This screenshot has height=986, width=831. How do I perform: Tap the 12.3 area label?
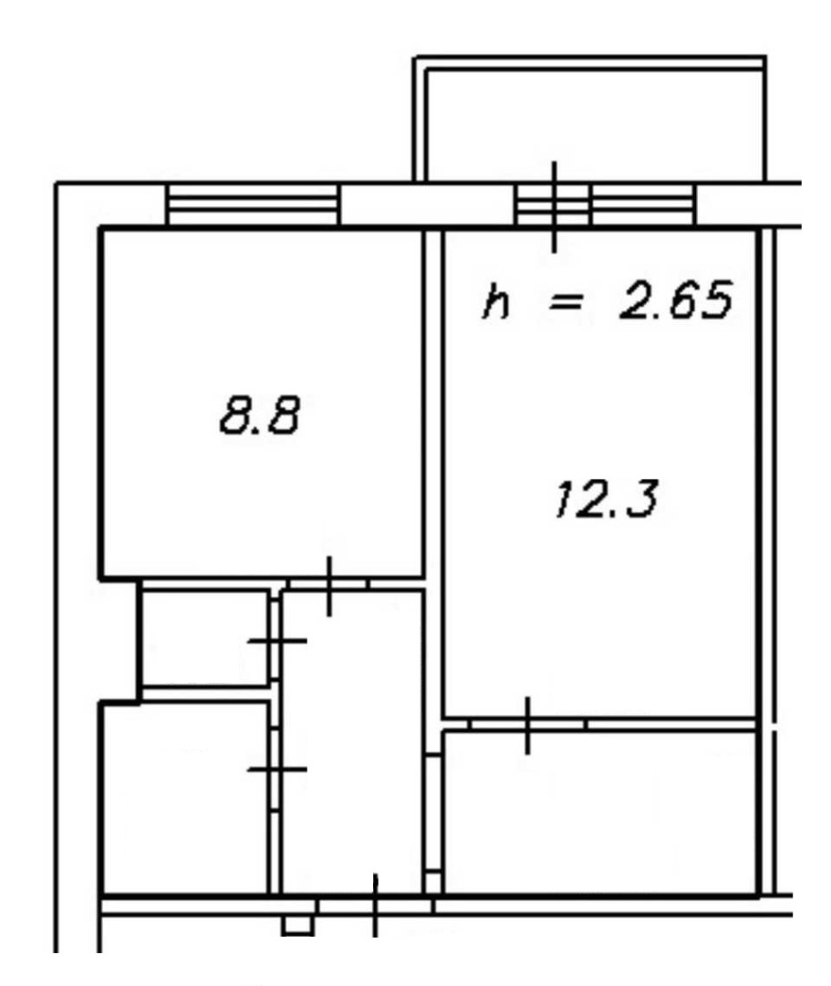point(607,499)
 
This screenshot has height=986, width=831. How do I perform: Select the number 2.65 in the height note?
point(675,300)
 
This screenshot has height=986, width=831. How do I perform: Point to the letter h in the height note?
point(495,302)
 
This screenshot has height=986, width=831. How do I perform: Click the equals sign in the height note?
point(566,304)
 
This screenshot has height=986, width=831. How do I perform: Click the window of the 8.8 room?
point(254,205)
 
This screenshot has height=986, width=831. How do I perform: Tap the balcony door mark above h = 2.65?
point(554,207)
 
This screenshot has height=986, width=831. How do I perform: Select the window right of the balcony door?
point(642,205)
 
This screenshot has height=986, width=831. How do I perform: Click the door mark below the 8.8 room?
point(329,586)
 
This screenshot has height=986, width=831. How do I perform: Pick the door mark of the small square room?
point(277,641)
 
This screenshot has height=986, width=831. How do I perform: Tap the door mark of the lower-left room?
point(277,769)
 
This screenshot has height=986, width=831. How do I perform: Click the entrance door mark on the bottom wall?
point(375,906)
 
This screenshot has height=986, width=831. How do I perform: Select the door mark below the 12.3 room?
point(527,725)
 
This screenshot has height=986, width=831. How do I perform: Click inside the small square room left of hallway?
point(205,637)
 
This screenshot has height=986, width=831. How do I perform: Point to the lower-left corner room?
point(186,797)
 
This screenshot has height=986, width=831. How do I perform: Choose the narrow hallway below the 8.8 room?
point(352,742)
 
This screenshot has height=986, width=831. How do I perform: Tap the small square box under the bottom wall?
point(297,925)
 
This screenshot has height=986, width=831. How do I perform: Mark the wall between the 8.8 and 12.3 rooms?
point(433,404)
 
